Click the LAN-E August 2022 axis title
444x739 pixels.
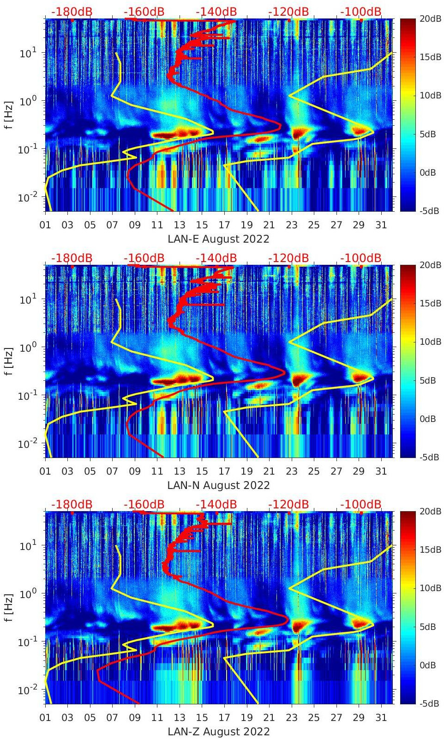point(218,239)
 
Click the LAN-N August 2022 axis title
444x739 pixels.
point(218,485)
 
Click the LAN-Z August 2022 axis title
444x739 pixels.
point(218,732)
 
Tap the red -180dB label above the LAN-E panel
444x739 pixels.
point(72,12)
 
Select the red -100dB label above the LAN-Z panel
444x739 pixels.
point(360,504)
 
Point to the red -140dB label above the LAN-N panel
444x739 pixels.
point(216,258)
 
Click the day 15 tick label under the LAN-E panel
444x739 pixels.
point(202,225)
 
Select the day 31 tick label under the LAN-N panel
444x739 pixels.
point(381,471)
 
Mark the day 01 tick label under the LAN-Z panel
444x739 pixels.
point(45,718)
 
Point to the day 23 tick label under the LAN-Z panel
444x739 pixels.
point(291,718)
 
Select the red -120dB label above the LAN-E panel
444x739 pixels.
point(288,12)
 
